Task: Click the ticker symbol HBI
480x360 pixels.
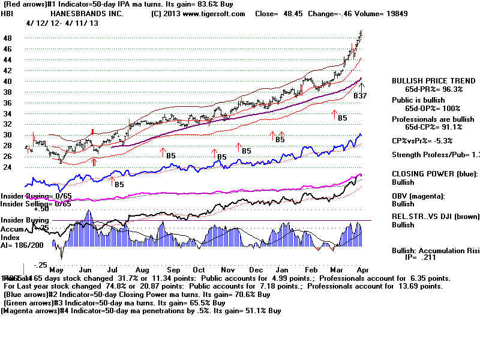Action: click(8, 13)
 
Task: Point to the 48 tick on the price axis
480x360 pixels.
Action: click(8, 38)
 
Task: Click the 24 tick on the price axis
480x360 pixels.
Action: click(8, 167)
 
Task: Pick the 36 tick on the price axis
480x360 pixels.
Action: click(8, 103)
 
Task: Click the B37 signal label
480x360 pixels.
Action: click(360, 96)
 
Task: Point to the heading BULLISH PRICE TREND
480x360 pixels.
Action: click(431, 81)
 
